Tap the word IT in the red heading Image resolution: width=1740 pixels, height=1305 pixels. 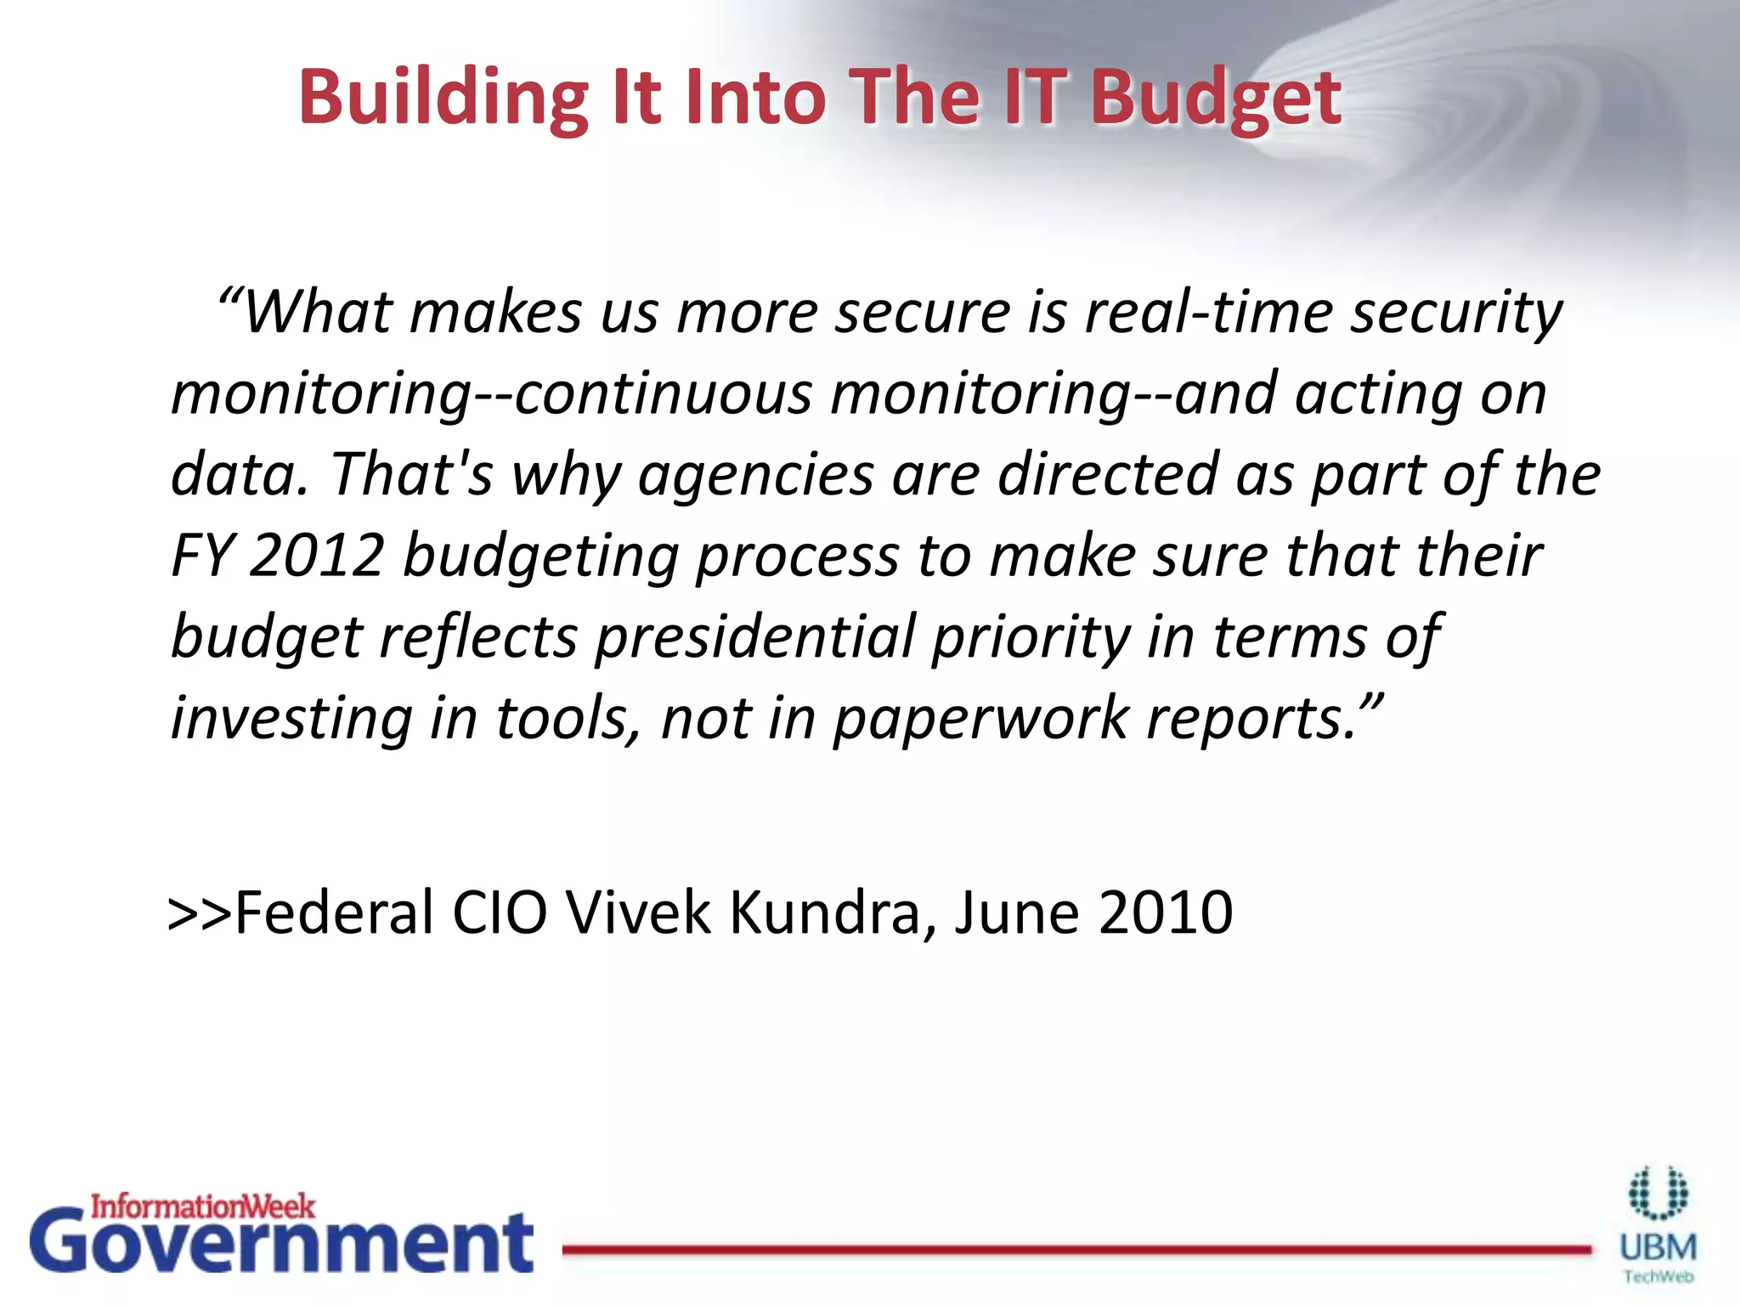1033,96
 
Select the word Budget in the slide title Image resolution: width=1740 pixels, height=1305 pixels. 1215,100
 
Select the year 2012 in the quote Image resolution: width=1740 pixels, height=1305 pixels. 317,556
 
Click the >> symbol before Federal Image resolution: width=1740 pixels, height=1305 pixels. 201,912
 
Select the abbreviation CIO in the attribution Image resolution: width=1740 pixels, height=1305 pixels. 500,912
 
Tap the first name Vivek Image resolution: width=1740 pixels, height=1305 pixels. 638,912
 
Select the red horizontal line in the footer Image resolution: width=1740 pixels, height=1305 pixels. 1076,1249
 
